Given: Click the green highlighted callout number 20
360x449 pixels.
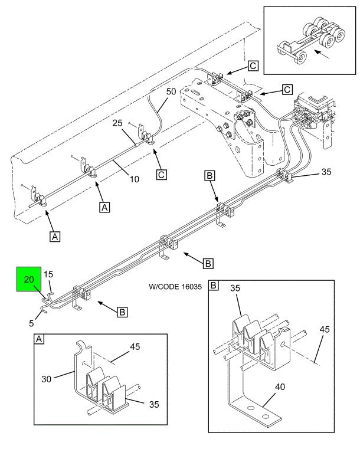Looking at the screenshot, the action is click(29, 279).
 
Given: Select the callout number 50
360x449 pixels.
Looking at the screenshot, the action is click(171, 91).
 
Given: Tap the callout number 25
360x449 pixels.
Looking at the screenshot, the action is click(117, 123).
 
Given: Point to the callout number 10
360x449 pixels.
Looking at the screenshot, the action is click(135, 179).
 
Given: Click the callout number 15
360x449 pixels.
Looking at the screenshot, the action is click(48, 274).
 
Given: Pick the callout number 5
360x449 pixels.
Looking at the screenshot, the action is click(31, 323).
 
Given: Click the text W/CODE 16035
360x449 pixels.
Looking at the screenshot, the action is click(175, 287).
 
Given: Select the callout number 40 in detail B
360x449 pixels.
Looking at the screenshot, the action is click(280, 387).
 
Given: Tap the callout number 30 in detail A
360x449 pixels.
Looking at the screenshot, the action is click(47, 379).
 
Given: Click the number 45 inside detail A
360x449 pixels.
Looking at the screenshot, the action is click(135, 347).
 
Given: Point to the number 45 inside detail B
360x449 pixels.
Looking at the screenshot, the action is click(325, 329).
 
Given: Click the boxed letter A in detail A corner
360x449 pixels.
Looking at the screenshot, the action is click(39, 339).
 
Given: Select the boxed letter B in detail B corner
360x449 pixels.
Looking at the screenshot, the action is click(214, 285).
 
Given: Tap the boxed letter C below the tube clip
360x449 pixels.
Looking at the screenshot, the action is click(162, 175).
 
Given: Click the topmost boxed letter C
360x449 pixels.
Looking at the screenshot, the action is click(253, 66).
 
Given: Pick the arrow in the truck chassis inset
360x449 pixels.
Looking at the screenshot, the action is click(322, 54).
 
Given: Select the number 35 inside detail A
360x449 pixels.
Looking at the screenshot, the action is click(154, 404).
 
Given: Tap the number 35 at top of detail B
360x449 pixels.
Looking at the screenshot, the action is click(235, 288).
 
